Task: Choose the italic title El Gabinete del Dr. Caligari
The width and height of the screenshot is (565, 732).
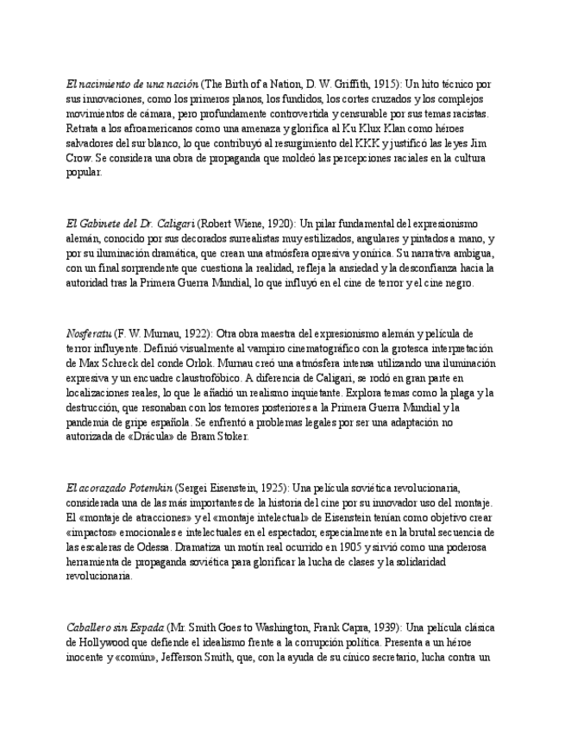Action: (130, 224)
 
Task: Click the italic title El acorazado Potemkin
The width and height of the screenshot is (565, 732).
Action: (120, 488)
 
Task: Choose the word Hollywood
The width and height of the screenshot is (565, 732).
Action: (105, 642)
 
